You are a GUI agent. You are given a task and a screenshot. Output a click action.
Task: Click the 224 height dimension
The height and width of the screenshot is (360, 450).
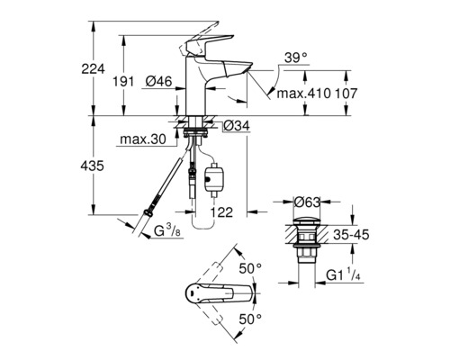(x=94, y=69)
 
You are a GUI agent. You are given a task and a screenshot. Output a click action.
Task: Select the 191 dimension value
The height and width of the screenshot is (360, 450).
(x=123, y=81)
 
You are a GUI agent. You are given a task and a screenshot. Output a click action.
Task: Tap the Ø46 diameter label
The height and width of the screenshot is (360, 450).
(x=159, y=81)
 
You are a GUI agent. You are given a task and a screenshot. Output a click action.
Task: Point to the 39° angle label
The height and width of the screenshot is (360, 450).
(x=296, y=57)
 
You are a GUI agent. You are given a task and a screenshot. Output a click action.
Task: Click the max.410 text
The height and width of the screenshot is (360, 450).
(x=303, y=94)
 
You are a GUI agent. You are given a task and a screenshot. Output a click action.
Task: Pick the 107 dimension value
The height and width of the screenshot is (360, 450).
(x=346, y=94)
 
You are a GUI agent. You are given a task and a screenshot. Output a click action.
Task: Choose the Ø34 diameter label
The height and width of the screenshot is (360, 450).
(x=237, y=126)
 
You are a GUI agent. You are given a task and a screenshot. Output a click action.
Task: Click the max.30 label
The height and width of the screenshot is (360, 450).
(x=143, y=139)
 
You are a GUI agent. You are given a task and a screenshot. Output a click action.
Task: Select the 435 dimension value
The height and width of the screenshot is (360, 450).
(x=93, y=166)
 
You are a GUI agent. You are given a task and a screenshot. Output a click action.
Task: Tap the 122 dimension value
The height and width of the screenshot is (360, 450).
(x=221, y=212)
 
